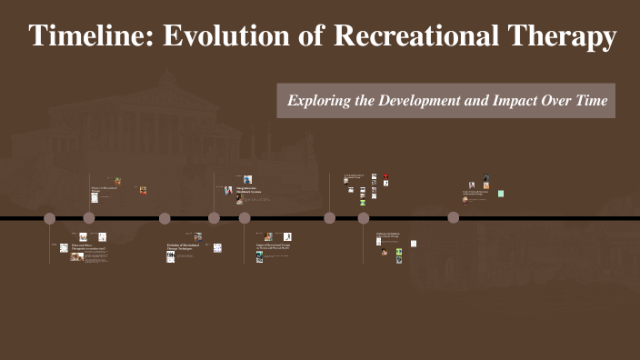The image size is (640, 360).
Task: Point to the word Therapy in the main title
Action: pyautogui.click(x=561, y=36)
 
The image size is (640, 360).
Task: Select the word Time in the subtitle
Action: pyautogui.click(x=590, y=100)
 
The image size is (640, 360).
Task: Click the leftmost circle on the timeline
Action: pyautogui.click(x=50, y=218)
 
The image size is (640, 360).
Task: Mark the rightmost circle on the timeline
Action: pyautogui.click(x=454, y=218)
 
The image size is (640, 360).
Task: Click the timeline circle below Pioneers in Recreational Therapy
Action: pyautogui.click(x=89, y=218)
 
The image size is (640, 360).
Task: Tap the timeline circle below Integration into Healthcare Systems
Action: pyautogui.click(x=245, y=218)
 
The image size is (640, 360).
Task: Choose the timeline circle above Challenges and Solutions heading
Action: pyautogui.click(x=364, y=218)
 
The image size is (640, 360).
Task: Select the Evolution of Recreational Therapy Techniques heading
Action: pyautogui.click(x=183, y=246)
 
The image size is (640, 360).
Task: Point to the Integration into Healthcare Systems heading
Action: pyautogui.click(x=249, y=192)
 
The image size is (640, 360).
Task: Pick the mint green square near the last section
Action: pyautogui.click(x=501, y=194)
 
